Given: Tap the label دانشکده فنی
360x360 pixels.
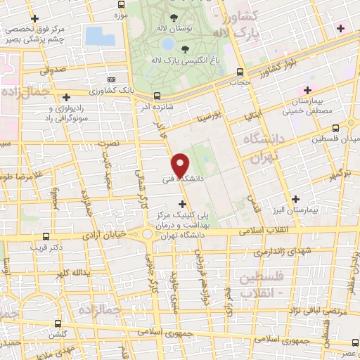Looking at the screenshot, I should [x=181, y=179].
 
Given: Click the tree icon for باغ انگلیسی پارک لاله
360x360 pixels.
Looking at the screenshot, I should [x=185, y=49].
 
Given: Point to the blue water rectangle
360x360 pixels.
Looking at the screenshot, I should [x=99, y=37].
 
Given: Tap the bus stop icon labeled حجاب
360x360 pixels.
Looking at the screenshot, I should [x=240, y=72].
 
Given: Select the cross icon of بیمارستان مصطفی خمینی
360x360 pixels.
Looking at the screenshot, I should [x=307, y=91].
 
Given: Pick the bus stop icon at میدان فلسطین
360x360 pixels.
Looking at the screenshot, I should [x=335, y=128].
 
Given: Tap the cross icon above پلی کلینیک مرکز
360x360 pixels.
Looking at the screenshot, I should [x=184, y=204].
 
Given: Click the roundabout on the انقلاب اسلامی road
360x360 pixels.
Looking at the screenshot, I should [x=147, y=234].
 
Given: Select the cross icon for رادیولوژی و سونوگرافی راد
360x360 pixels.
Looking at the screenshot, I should [x=67, y=98].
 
